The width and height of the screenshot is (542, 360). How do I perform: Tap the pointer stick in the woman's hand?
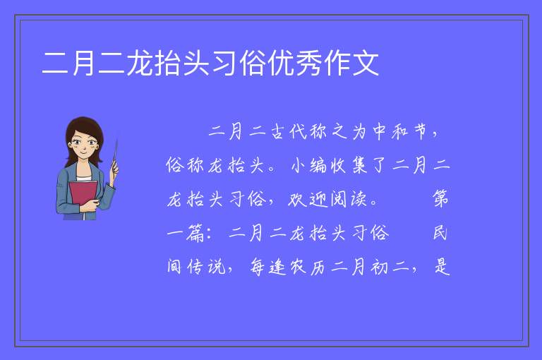point(115,155)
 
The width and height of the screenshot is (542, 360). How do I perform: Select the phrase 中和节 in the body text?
point(401,132)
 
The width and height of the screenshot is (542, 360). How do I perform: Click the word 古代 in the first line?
point(289,132)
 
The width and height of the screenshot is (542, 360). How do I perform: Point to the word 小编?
point(309,165)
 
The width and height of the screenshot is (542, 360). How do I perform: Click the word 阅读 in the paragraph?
point(349,199)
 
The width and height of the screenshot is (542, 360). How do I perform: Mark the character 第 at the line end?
point(440,199)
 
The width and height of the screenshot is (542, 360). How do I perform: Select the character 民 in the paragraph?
point(440,233)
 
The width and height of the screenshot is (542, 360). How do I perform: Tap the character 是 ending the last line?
point(442,267)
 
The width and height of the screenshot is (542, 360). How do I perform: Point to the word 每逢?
point(268,267)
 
